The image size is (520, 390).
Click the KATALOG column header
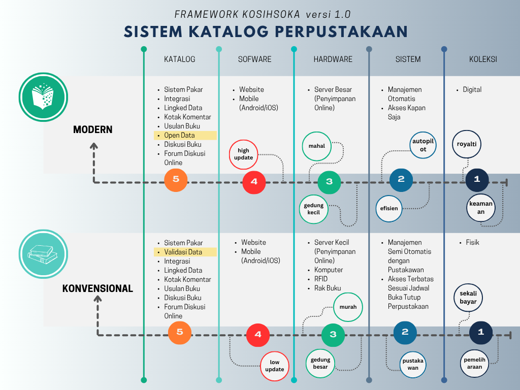pos(179,59)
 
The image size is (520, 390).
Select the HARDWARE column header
pos(333,59)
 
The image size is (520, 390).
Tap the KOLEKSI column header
pos(483,59)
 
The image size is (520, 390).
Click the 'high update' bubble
pos(244,154)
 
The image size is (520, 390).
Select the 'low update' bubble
pos(275,366)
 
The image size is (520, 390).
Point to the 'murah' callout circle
pos(348,307)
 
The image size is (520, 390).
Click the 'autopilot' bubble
pos(424,145)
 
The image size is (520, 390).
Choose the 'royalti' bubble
pos(467,144)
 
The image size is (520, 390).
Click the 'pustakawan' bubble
pos(413,364)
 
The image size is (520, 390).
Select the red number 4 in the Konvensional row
pos(258,334)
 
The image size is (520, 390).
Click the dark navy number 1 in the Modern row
pos(477,179)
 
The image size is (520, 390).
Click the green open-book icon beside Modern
pos(43,97)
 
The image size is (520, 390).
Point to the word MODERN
pos(92,129)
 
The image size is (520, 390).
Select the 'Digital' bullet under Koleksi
pos(472,90)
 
